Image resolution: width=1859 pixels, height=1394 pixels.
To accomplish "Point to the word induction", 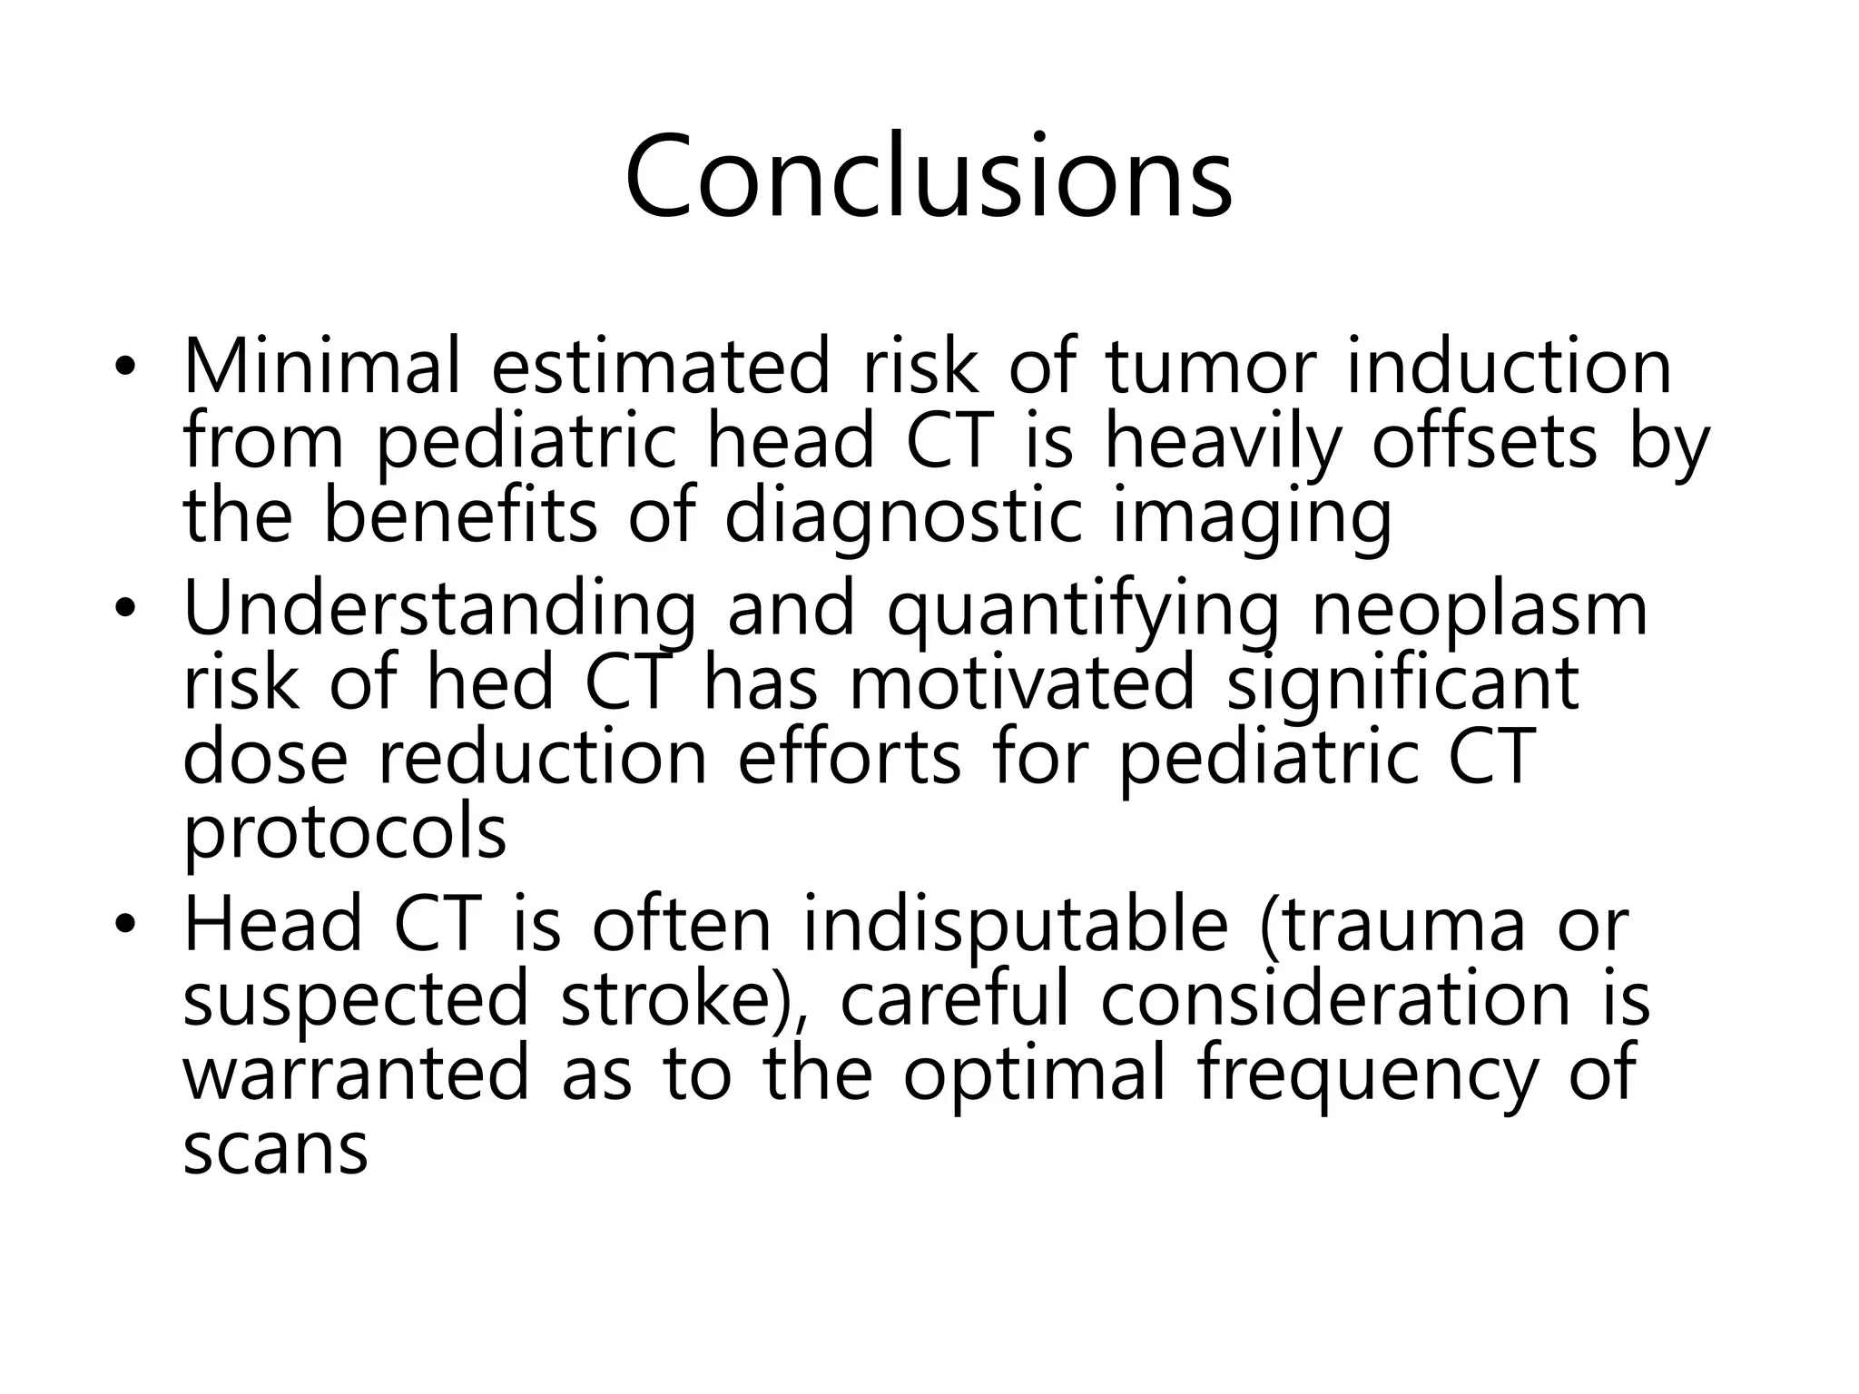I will coord(1508,368).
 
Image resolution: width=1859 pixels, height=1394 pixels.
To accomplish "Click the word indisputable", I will coord(1015,926).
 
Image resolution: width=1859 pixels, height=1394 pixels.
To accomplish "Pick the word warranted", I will coord(355,1073).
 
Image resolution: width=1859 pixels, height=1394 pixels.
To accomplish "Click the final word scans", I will coord(275,1149).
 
